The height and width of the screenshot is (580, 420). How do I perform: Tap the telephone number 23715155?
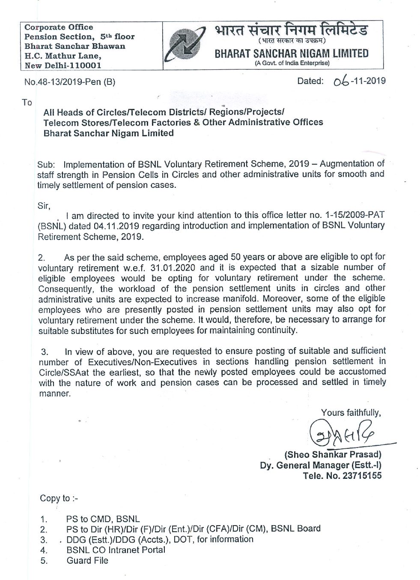pyautogui.click(x=358, y=475)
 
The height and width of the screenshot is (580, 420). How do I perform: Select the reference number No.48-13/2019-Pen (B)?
pyautogui.click(x=70, y=82)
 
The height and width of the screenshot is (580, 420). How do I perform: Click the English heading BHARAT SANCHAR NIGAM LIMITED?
pyautogui.click(x=292, y=54)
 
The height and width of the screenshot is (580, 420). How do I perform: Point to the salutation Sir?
pyautogui.click(x=44, y=205)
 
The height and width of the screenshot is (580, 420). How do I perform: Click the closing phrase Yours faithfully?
pyautogui.click(x=351, y=413)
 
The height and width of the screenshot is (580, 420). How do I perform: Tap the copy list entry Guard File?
pyautogui.click(x=87, y=560)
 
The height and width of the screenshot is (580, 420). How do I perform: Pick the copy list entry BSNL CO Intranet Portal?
pyautogui.click(x=116, y=550)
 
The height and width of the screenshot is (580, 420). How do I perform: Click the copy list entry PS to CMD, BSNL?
pyautogui.click(x=103, y=519)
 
